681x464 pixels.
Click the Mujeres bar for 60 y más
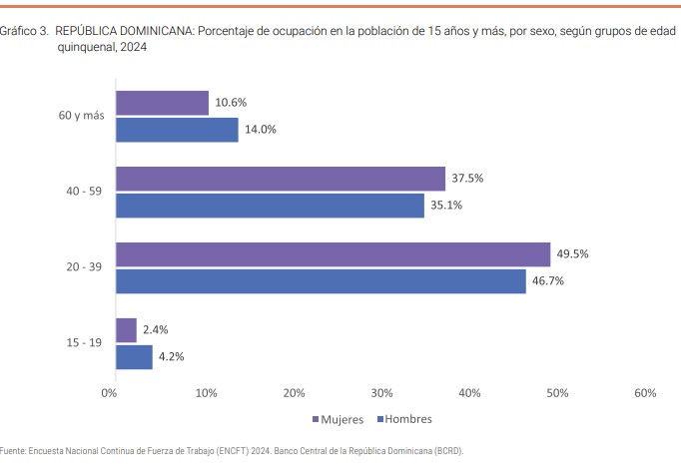tap(162, 103)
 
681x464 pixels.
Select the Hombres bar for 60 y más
tap(177, 130)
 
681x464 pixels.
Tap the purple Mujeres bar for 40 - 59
tap(281, 179)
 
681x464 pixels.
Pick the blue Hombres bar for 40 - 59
tap(270, 206)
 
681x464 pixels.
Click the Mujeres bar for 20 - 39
tap(333, 254)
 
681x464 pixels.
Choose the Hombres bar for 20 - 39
tap(321, 281)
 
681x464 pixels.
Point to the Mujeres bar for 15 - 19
tap(126, 330)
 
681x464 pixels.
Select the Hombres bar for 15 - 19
tap(134, 357)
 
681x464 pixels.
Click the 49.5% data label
tap(573, 254)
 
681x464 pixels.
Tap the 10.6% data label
tap(231, 103)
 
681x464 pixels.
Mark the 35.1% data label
tap(446, 206)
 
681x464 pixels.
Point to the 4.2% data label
tap(172, 357)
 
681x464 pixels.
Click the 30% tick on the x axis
tap(380, 393)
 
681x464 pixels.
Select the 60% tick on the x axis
tap(644, 393)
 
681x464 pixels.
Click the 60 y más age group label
tap(81, 116)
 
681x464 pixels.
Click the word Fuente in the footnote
tap(13, 451)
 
